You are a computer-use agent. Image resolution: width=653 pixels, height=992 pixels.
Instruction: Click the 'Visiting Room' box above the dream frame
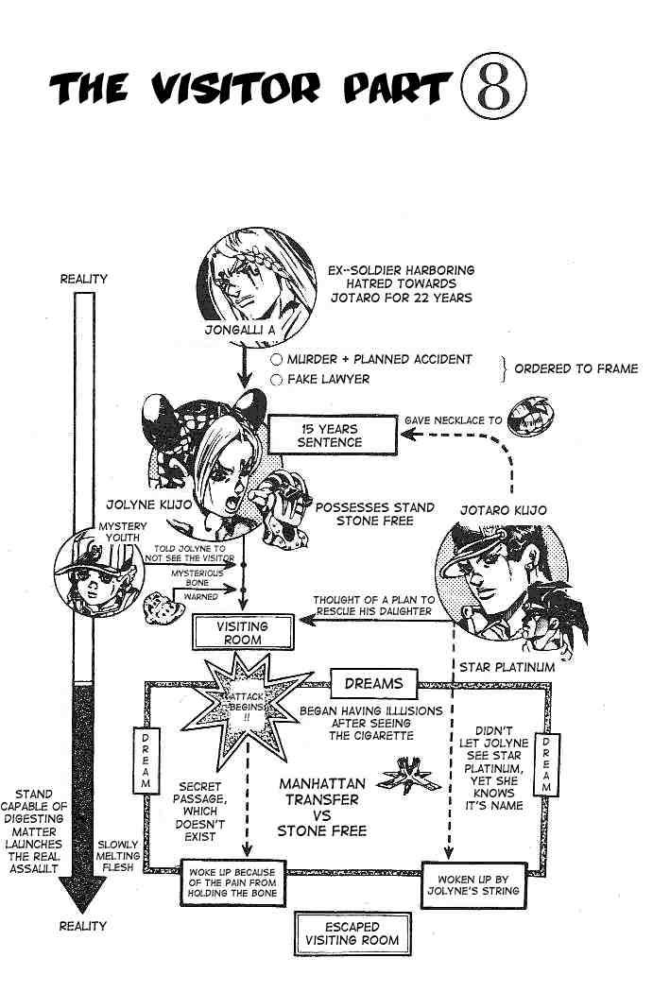241,632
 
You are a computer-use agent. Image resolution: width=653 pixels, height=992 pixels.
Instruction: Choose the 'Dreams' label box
373,683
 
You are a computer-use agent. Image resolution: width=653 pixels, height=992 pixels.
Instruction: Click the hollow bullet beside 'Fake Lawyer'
276,379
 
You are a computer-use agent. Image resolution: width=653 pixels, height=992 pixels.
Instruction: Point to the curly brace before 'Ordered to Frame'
506,368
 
